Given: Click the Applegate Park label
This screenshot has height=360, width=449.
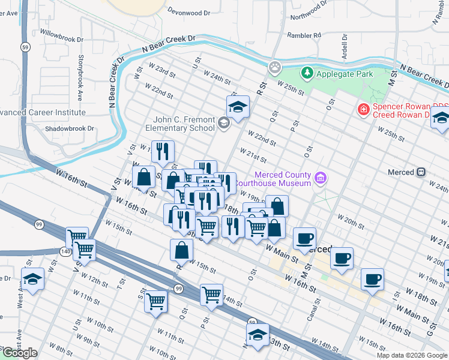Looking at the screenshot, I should tap(345, 74).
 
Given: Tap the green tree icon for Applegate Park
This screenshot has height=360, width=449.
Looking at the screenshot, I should tap(307, 73).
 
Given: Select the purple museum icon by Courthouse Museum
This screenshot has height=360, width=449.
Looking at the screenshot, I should tap(321, 178).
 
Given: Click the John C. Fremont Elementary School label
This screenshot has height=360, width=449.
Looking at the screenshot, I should tap(180, 123).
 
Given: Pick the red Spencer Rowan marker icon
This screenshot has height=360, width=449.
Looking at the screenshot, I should tap(363, 109).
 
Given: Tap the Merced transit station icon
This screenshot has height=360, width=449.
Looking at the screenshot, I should tap(421, 172).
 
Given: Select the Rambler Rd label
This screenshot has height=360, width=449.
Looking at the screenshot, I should tap(304, 35).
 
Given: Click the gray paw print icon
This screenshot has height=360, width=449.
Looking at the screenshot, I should tap(275, 67).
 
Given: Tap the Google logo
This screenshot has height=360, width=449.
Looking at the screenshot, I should tap(19, 353).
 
